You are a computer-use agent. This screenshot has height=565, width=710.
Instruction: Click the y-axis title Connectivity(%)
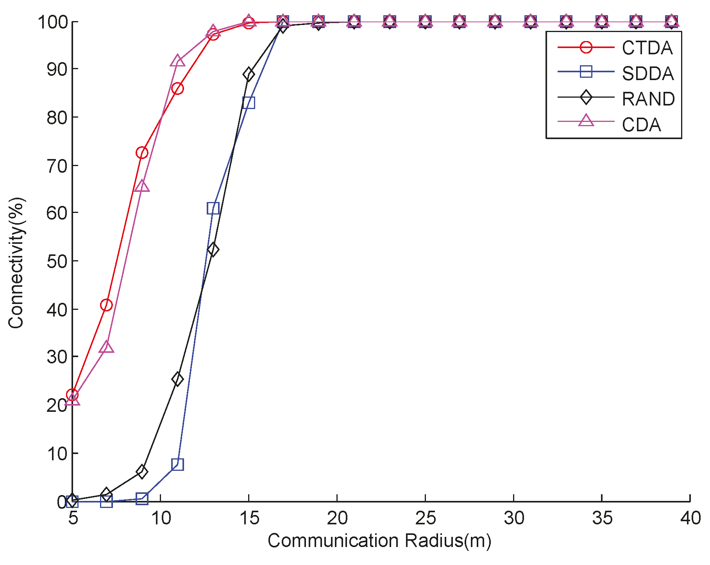(x=16, y=263)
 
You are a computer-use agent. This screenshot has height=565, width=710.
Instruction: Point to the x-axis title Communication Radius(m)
(x=379, y=541)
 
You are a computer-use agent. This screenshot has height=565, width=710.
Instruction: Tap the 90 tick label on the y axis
(x=57, y=69)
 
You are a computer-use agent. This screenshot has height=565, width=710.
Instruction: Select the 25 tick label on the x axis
(x=425, y=518)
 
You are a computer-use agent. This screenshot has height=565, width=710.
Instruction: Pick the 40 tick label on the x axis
(x=690, y=518)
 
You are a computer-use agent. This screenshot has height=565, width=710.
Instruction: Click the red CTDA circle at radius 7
(x=106, y=305)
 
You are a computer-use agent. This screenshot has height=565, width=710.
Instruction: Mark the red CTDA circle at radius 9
(x=142, y=152)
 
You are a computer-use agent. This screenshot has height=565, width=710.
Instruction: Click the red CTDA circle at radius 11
(x=177, y=89)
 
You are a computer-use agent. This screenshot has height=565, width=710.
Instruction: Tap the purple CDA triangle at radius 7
(x=106, y=347)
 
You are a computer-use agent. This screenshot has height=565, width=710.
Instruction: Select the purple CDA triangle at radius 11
(x=177, y=61)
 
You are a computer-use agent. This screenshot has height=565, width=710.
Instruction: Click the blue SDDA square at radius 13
(x=213, y=208)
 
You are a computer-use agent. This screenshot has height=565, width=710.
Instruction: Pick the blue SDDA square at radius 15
(x=249, y=103)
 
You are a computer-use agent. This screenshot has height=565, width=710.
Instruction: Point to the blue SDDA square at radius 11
(x=177, y=465)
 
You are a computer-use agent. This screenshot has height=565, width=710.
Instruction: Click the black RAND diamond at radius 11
(x=177, y=379)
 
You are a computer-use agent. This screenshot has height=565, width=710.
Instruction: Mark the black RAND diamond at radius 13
(x=213, y=250)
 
